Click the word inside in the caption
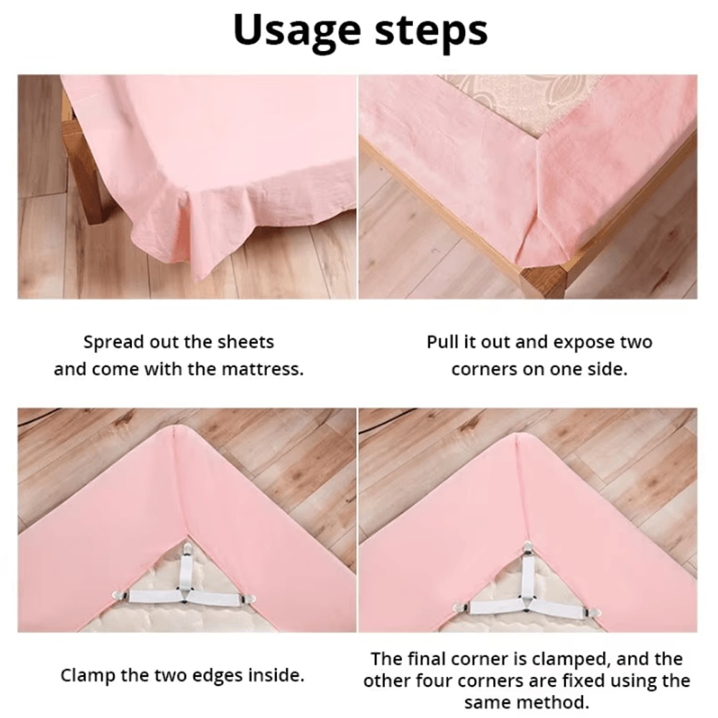(276, 675)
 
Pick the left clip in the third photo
(119, 595)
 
